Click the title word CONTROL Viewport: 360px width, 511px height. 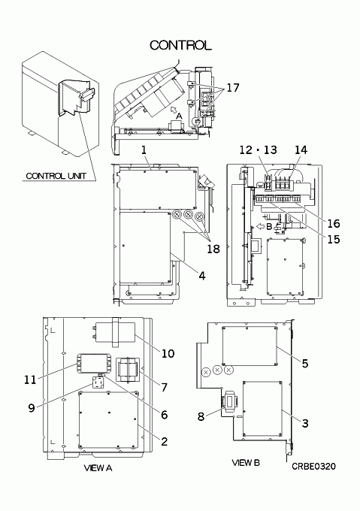click(x=180, y=45)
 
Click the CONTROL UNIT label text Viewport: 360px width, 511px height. click(x=56, y=176)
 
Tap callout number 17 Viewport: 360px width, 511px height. click(x=233, y=87)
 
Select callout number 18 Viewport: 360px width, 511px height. click(x=213, y=249)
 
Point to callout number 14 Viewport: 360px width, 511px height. click(x=301, y=150)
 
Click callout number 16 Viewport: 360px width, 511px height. click(x=334, y=224)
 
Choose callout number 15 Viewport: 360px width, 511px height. click(x=334, y=239)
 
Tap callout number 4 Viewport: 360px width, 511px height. click(x=202, y=276)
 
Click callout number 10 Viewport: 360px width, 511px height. click(x=168, y=353)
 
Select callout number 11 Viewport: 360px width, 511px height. click(x=30, y=379)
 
